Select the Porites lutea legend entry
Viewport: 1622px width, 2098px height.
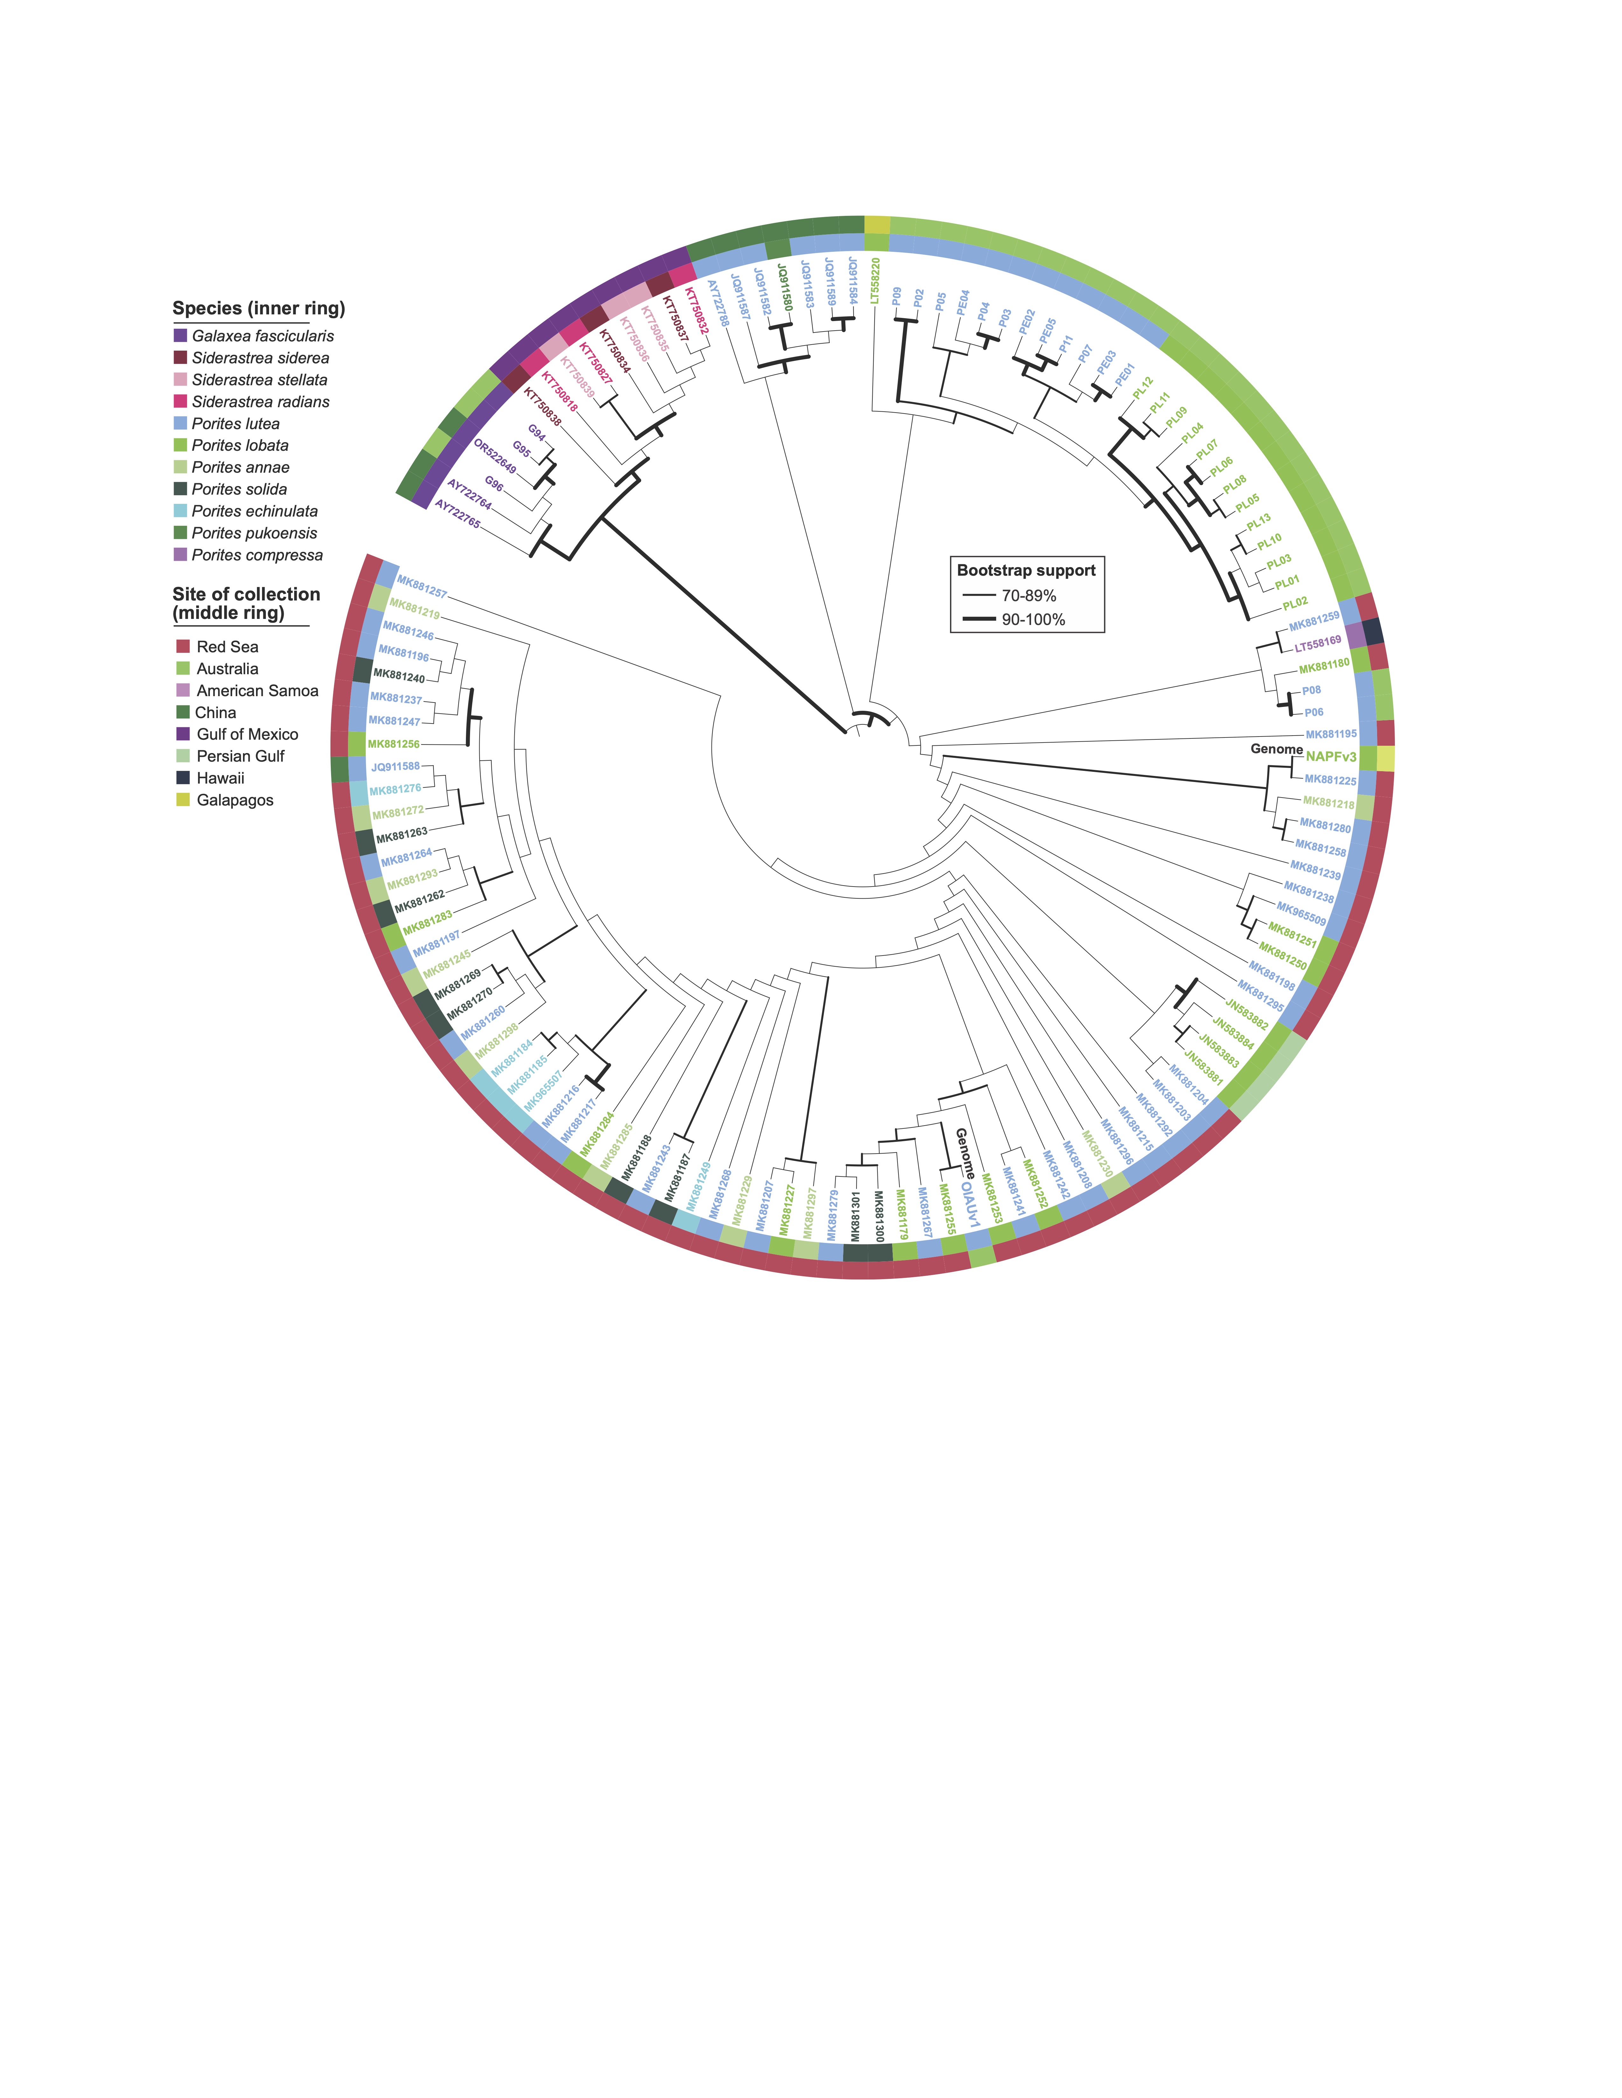click(235, 424)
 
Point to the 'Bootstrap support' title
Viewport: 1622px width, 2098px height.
click(1026, 571)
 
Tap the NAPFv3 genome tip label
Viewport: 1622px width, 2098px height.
click(1331, 757)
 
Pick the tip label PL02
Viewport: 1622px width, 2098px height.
click(1295, 603)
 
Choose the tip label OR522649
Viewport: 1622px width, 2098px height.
click(495, 457)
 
